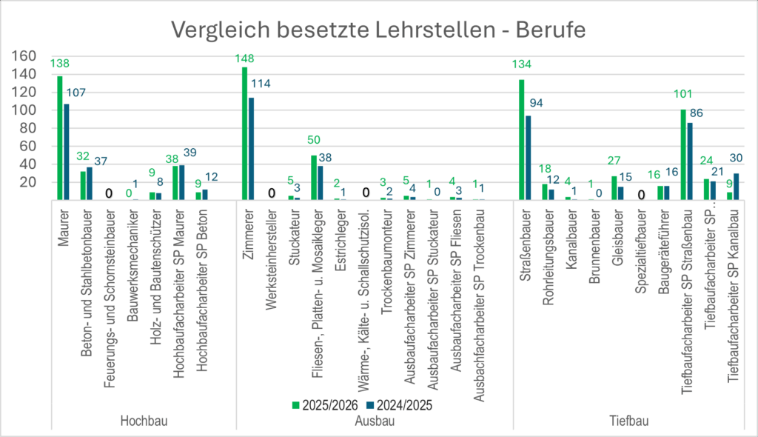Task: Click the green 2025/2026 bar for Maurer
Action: [x=60, y=138]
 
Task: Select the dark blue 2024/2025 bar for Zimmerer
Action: [x=251, y=149]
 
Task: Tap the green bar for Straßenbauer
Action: [x=522, y=140]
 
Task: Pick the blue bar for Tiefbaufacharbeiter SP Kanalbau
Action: [x=736, y=187]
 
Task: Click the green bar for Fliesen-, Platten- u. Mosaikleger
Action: [x=314, y=178]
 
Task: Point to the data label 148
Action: [x=244, y=59]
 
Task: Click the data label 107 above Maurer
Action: [x=76, y=93]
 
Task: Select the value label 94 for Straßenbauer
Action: [x=536, y=103]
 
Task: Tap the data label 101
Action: [x=683, y=94]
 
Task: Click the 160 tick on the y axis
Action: [x=24, y=56]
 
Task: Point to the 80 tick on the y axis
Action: [x=29, y=128]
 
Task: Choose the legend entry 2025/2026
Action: [x=326, y=406]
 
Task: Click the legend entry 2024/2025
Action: [x=399, y=406]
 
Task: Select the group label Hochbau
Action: [x=144, y=421]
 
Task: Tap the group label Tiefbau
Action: [x=629, y=421]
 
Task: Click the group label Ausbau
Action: [x=375, y=421]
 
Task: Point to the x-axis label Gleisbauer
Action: [x=617, y=238]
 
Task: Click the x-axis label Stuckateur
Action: [x=294, y=238]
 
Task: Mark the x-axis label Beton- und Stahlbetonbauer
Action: [x=87, y=283]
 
